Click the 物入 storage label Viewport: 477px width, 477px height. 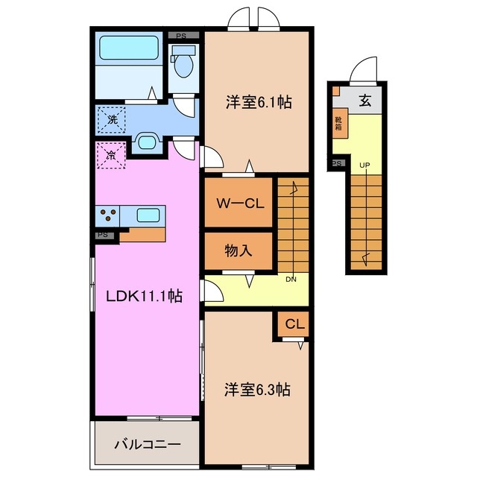[238, 251]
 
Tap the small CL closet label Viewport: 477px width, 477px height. [294, 324]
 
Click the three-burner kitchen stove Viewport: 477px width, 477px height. [108, 216]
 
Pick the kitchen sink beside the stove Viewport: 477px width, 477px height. [148, 216]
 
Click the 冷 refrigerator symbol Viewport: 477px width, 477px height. [110, 157]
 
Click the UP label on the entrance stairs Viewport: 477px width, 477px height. [365, 165]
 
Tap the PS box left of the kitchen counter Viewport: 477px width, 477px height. [102, 235]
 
